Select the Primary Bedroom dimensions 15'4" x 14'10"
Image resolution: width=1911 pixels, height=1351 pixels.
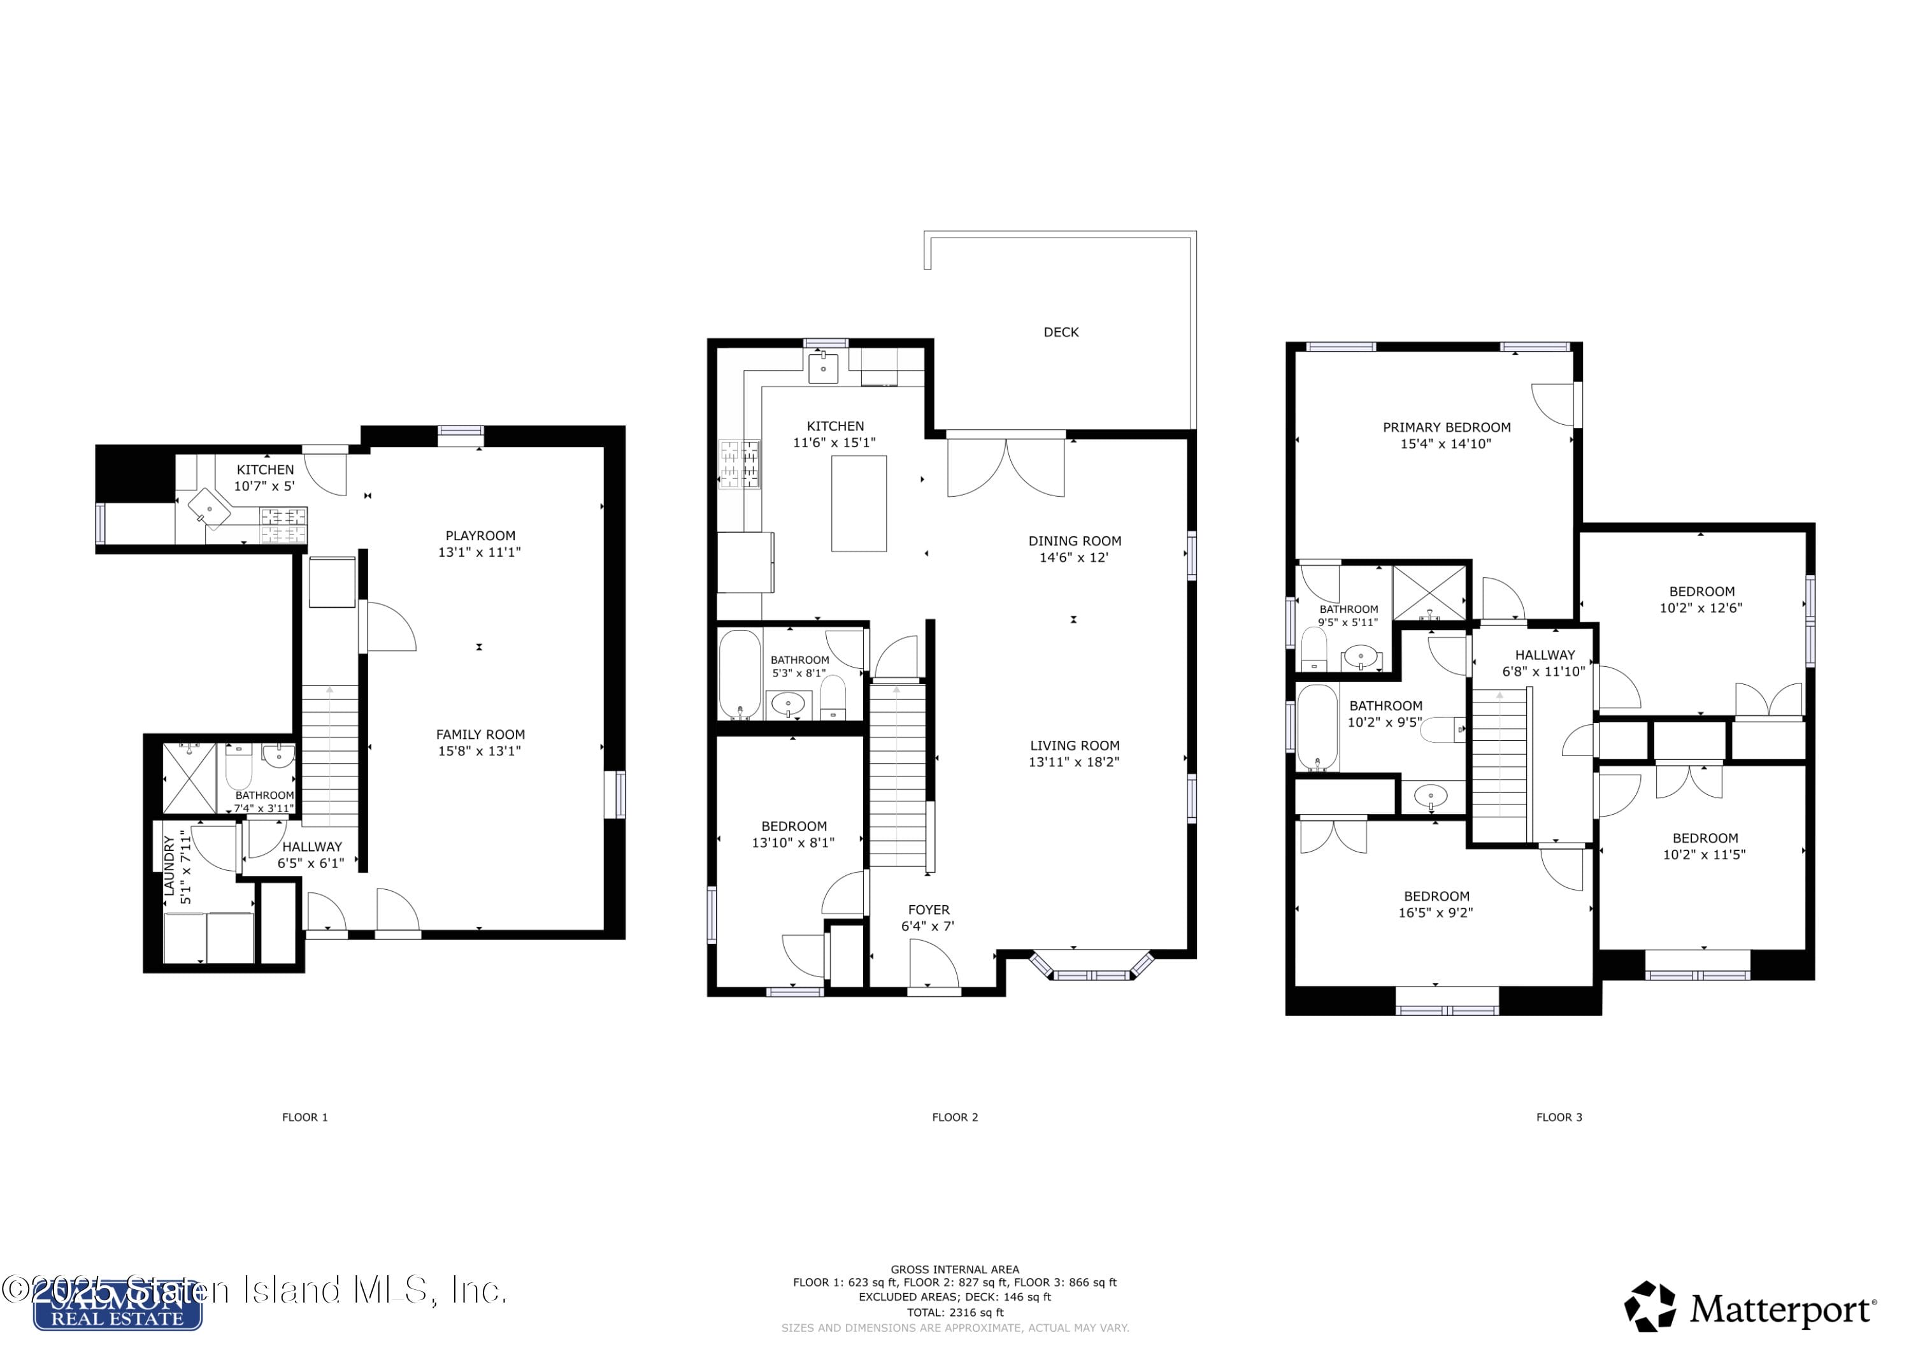coord(1446,444)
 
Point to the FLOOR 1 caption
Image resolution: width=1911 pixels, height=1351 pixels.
coord(304,1117)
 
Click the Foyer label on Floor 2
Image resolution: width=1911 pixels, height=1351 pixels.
coord(928,910)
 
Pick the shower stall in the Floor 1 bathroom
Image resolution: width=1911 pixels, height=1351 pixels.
coord(189,778)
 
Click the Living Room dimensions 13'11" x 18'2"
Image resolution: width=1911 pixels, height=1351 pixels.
coord(1074,762)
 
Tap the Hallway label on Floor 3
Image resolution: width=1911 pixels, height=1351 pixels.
coord(1545,655)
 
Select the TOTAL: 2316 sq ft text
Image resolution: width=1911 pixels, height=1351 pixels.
coord(955,1312)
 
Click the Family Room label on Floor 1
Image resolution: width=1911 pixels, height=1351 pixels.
coord(480,734)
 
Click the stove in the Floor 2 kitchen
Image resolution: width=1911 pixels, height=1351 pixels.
coord(739,464)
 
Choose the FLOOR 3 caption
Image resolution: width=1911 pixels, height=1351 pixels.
coord(1559,1117)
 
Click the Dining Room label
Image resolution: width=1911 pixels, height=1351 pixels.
coord(1074,541)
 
